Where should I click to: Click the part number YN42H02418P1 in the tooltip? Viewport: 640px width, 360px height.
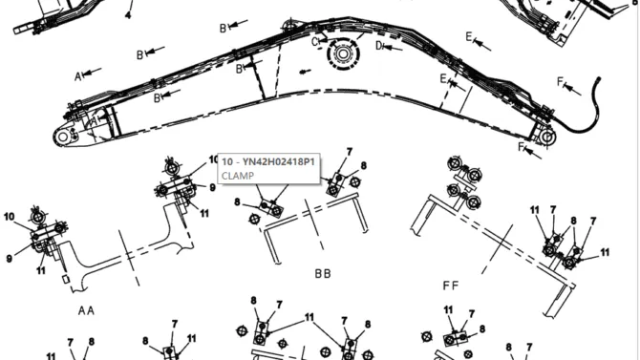(279, 162)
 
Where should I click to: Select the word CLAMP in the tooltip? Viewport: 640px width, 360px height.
(238, 176)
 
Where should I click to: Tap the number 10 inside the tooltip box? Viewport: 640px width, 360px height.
(227, 162)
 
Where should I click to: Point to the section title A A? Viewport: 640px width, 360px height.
(86, 311)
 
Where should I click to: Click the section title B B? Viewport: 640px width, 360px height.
(323, 273)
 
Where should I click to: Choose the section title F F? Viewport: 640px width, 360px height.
(451, 286)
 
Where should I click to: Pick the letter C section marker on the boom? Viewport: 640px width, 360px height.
(315, 42)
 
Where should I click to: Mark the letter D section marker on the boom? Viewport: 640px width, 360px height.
(379, 46)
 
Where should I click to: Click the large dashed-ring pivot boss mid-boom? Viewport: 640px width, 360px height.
(343, 54)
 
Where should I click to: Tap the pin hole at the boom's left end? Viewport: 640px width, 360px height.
(62, 137)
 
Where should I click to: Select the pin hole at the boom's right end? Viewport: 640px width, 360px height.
(547, 137)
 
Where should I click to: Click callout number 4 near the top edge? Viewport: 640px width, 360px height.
(128, 15)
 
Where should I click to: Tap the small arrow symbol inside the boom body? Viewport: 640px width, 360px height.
(304, 72)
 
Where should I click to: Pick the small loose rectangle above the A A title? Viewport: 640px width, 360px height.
(65, 279)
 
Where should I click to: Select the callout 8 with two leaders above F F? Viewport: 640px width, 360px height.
(573, 221)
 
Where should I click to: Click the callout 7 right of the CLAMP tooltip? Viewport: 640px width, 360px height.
(349, 152)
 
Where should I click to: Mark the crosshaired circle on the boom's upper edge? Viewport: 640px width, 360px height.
(289, 26)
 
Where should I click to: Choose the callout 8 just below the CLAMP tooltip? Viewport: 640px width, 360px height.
(237, 202)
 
